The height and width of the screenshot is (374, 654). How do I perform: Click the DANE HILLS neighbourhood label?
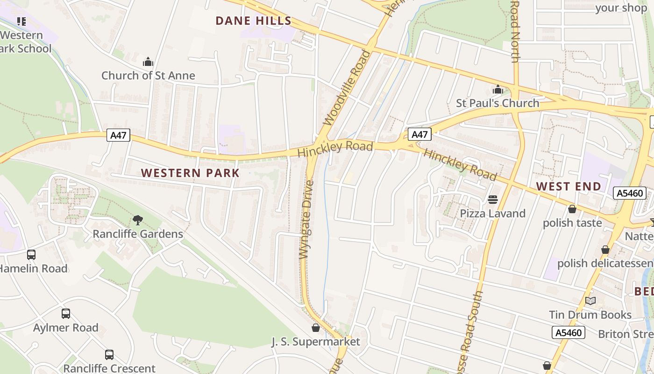coord(254,21)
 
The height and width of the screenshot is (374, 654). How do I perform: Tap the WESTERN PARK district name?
coord(190,173)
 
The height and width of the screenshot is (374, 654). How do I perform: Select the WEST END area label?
coord(569,187)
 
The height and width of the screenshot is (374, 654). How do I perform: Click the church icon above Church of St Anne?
coord(148,62)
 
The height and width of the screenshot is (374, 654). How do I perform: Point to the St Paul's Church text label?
coord(498,103)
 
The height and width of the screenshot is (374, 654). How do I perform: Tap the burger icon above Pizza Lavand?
coord(492,200)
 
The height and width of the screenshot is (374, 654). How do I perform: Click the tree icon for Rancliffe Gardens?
coord(137,220)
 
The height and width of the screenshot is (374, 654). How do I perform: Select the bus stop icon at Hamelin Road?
coord(31,255)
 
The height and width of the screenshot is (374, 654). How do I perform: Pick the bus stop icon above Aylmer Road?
coord(66,314)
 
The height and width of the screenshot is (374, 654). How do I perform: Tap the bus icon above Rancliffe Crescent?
coord(109,355)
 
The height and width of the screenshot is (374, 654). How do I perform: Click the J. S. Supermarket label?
coord(316,342)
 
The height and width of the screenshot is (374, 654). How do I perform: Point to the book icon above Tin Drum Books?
coord(590,301)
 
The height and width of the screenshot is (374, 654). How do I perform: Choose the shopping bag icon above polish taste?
coord(572,209)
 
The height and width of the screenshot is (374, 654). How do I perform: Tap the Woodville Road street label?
coord(347,88)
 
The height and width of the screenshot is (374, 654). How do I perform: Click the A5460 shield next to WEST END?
coord(629,193)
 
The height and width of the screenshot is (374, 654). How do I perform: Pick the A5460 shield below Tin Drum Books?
coord(568,333)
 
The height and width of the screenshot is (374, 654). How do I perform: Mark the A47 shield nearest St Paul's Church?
coord(419,135)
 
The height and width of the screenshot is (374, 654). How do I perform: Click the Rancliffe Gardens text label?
coord(138,234)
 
